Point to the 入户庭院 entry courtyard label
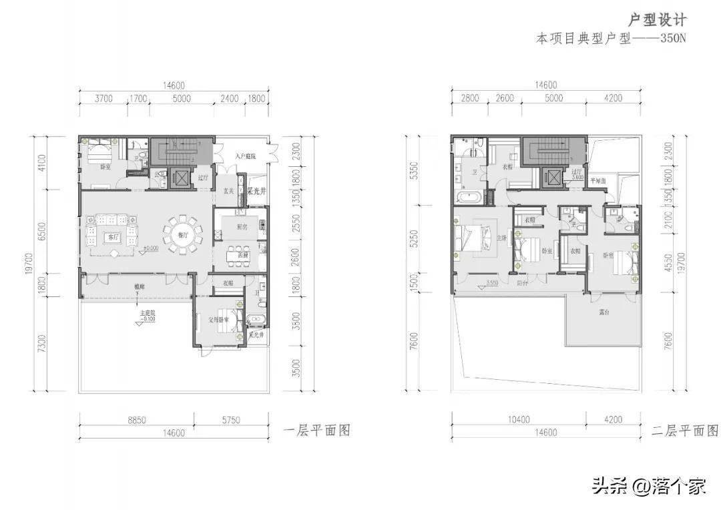pyautogui.click(x=246, y=157)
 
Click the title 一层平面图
pyautogui.click(x=317, y=431)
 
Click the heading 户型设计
pyautogui.click(x=658, y=19)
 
